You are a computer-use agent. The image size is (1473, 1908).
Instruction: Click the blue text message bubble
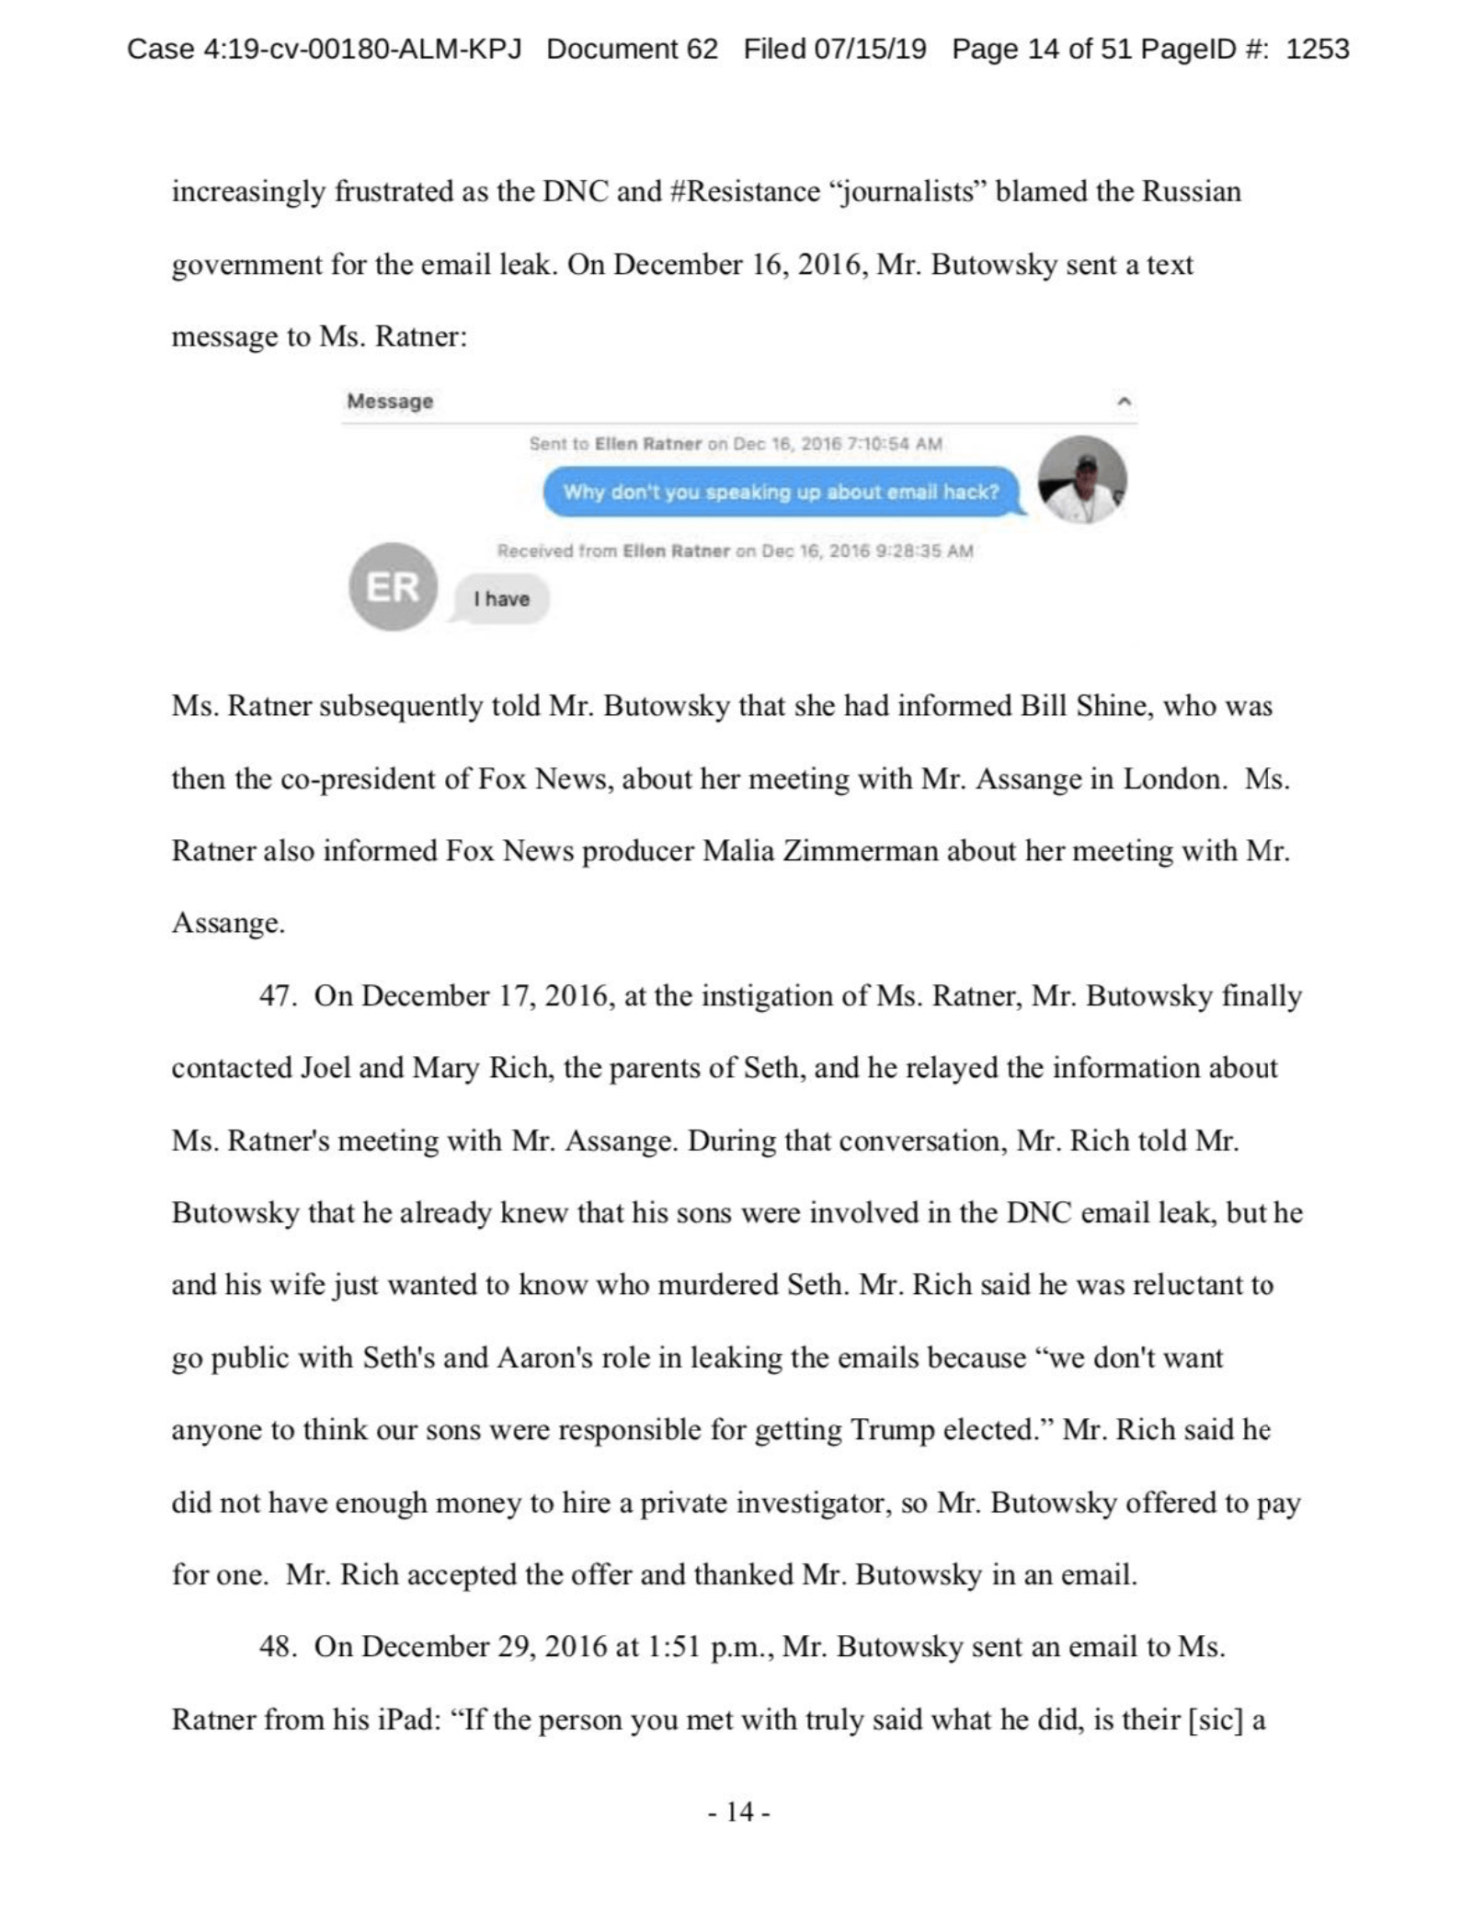pos(782,492)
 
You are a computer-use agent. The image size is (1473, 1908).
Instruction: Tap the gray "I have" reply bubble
pos(501,599)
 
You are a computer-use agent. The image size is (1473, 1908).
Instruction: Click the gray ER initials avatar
pos(393,586)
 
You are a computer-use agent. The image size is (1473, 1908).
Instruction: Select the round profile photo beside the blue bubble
pos(1081,480)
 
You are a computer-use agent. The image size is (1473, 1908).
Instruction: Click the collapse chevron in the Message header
pos(1124,402)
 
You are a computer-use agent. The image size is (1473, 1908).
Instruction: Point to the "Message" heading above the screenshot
pos(390,402)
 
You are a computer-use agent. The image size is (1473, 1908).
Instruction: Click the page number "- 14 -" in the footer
pos(738,1811)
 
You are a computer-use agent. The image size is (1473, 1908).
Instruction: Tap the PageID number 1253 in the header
pos(1317,49)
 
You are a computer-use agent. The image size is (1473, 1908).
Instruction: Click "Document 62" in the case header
pos(632,49)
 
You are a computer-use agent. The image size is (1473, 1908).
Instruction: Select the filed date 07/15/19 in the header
pos(871,49)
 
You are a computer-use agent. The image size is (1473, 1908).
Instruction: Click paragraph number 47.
pos(276,996)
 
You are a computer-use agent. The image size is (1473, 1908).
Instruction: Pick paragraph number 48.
pos(276,1646)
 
